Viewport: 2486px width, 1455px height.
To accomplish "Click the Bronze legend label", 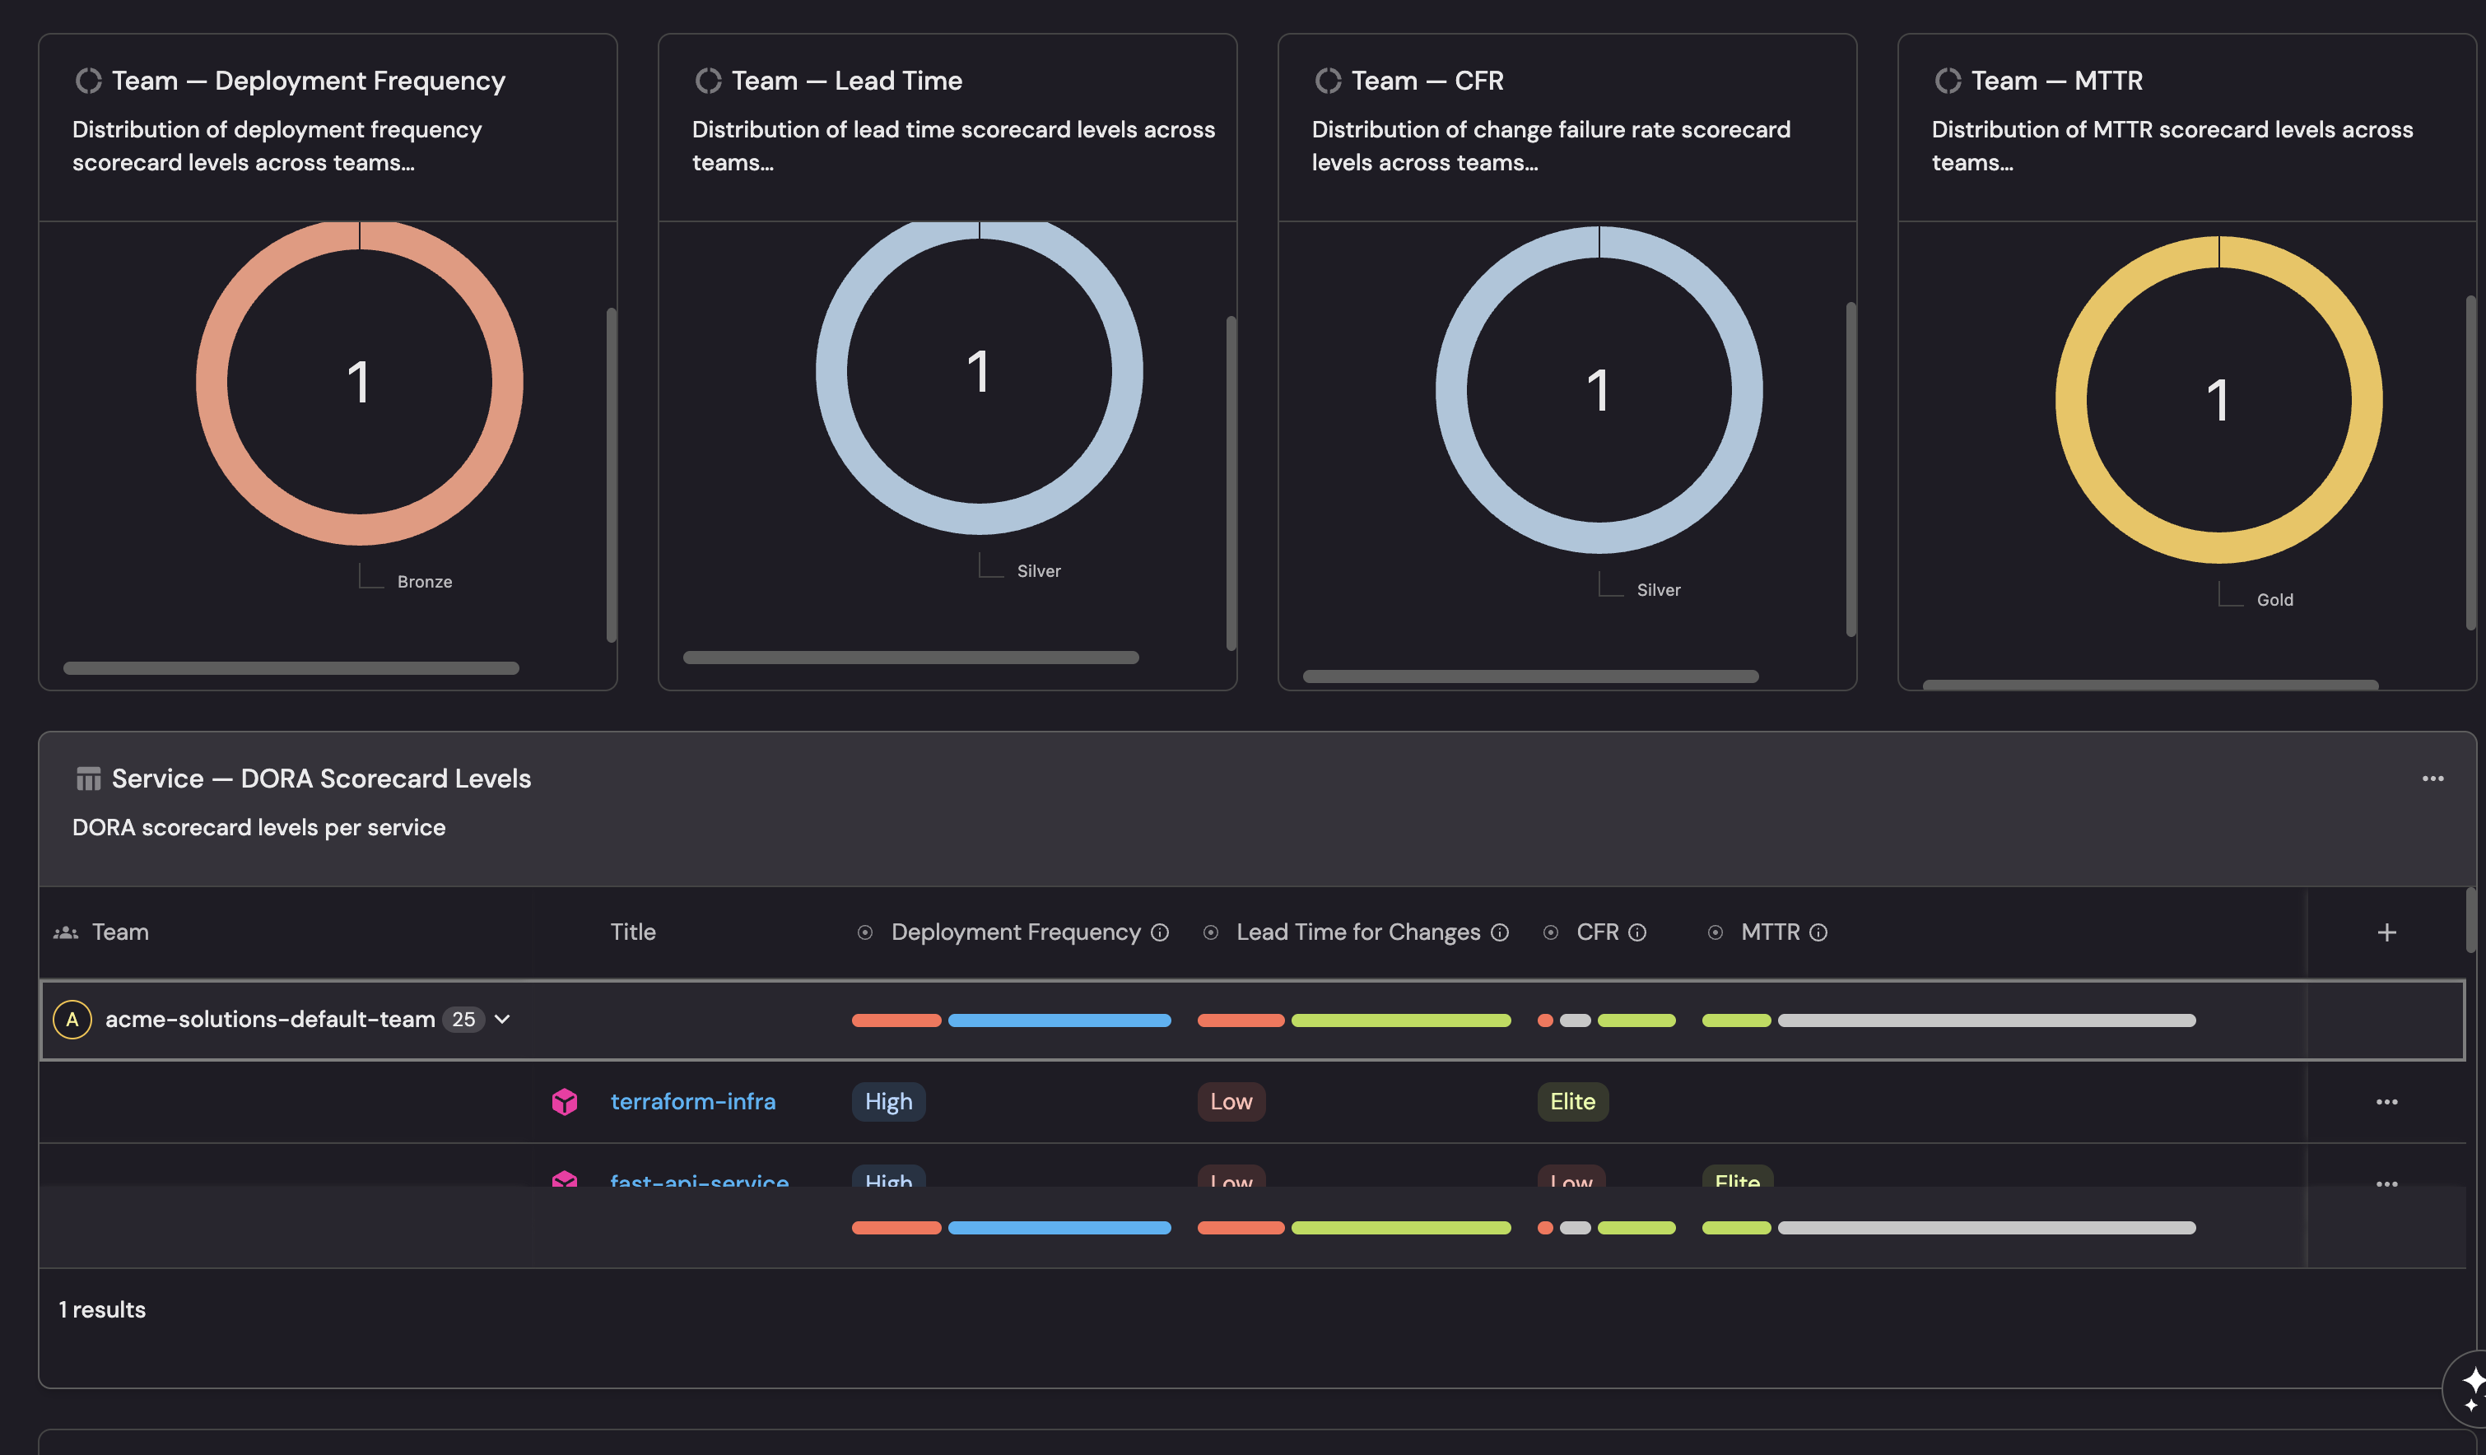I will coord(424,582).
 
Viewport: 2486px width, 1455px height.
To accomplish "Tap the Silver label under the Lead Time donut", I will coord(1038,571).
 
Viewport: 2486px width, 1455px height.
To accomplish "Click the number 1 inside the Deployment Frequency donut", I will coord(359,383).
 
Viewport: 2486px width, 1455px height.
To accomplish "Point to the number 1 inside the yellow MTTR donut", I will coord(2218,401).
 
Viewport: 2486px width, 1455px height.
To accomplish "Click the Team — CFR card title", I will coord(1427,81).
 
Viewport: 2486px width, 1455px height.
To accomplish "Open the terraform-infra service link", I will coord(692,1101).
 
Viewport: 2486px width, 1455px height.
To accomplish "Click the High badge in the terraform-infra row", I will coord(888,1101).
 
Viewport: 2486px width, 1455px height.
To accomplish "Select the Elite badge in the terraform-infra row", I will coord(1571,1101).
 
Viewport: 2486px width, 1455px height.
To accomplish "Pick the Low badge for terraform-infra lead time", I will coord(1230,1101).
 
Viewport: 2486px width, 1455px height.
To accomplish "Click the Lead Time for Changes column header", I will coord(1357,932).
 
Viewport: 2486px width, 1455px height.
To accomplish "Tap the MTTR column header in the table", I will coord(1770,932).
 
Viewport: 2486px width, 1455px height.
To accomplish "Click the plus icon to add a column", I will coord(2386,932).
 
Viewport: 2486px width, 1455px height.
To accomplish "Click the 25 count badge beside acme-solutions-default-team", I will coord(463,1019).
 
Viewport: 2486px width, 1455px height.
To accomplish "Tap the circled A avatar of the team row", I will coord(72,1019).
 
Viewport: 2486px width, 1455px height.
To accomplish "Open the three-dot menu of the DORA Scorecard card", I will coord(2432,779).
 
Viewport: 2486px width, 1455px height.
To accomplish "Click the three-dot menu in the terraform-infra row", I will coord(2386,1101).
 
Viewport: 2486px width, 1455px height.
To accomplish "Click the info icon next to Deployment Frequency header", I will coord(1160,932).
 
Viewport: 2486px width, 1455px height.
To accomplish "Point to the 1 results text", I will coord(103,1310).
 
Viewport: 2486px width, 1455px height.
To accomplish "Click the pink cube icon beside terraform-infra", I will coord(564,1101).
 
